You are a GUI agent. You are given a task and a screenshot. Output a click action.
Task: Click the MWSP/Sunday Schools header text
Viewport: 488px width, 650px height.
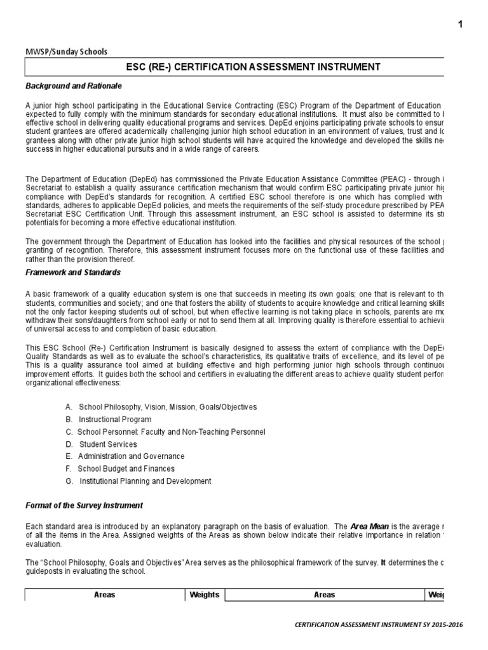pyautogui.click(x=66, y=51)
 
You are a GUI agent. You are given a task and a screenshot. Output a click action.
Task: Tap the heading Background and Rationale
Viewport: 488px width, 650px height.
pyautogui.click(x=73, y=85)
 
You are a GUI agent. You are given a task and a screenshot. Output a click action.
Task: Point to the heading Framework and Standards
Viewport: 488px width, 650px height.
pyautogui.click(x=72, y=272)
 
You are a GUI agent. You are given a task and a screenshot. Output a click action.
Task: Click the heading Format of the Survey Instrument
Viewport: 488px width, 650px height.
pyautogui.click(x=84, y=505)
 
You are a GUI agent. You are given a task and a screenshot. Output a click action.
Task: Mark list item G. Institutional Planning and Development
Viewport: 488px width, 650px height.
pyautogui.click(x=138, y=481)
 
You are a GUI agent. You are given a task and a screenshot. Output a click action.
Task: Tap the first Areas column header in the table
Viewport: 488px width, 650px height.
pyautogui.click(x=104, y=595)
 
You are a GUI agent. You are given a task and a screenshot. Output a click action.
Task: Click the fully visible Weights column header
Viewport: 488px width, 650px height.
pyautogui.click(x=205, y=595)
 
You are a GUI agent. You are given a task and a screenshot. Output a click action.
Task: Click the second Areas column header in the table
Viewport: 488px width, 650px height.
pyautogui.click(x=324, y=595)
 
